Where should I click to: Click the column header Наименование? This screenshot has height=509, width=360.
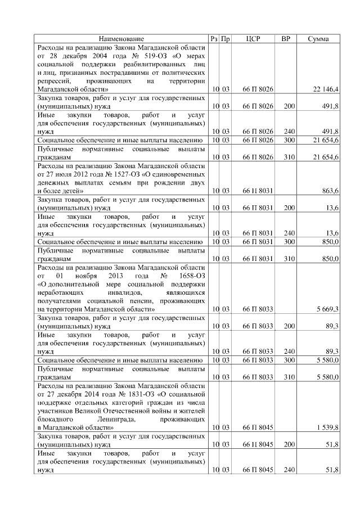coord(121,39)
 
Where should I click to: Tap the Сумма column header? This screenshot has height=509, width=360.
coord(318,39)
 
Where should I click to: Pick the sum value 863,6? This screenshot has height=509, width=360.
coord(328,191)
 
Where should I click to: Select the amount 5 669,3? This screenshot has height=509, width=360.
coord(326,309)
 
